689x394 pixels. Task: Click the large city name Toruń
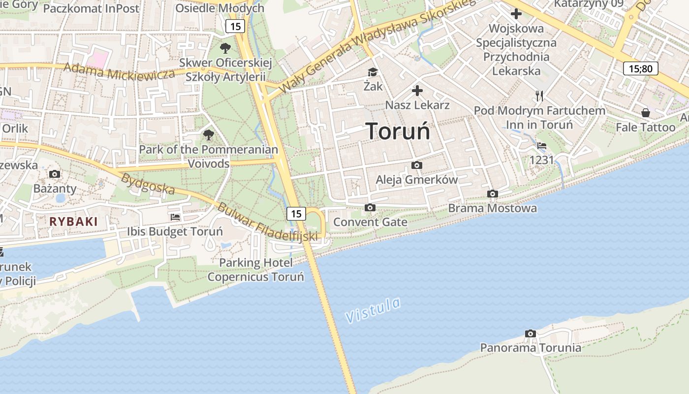tap(398, 131)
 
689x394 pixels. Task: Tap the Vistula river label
tap(373, 310)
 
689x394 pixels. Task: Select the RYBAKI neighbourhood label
tap(74, 222)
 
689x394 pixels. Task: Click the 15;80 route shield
tap(641, 68)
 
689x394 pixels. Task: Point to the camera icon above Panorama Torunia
tap(530, 333)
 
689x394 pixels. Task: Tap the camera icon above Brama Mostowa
tap(492, 194)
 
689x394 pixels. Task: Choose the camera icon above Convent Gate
tap(370, 208)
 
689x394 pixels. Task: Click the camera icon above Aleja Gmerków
tap(417, 165)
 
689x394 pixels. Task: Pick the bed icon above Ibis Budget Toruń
tap(175, 217)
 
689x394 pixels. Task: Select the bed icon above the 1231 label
tap(542, 145)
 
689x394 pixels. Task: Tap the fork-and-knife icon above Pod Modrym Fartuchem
tap(539, 96)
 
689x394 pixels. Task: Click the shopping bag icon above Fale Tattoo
tap(646, 113)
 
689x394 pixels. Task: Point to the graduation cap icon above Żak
tap(373, 72)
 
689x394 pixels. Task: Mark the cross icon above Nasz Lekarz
tap(417, 91)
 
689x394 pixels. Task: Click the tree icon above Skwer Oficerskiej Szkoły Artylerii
tap(225, 48)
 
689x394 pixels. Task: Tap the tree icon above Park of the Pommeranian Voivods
tap(209, 134)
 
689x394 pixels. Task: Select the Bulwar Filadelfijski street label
tap(268, 223)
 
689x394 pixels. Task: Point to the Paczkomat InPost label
tap(92, 8)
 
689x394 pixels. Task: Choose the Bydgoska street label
tap(148, 183)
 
